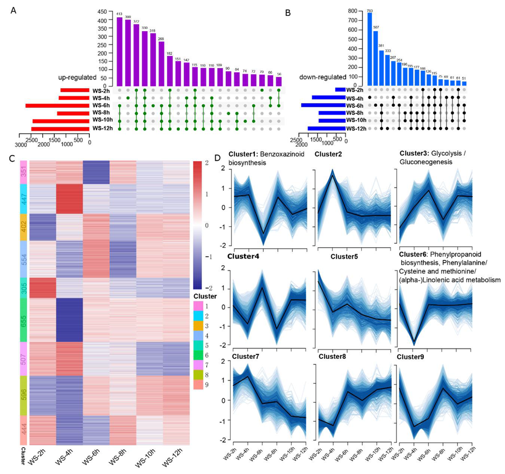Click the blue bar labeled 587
[x=376, y=58]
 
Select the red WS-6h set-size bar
[x=57, y=105]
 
